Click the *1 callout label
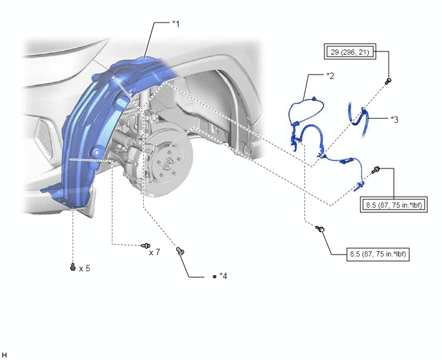click(176, 24)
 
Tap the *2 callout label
click(330, 76)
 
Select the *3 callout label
click(394, 120)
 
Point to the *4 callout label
click(224, 276)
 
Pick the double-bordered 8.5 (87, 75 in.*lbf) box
click(394, 205)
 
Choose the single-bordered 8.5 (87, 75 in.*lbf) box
click(378, 254)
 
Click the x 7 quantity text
click(154, 252)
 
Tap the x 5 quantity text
click(85, 268)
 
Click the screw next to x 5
click(73, 267)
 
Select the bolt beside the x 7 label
click(146, 246)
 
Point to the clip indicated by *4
click(180, 251)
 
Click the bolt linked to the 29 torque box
click(389, 81)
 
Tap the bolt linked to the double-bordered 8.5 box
click(376, 170)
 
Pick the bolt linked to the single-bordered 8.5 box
click(320, 228)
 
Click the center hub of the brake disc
click(168, 163)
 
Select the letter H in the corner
click(4, 355)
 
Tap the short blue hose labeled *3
click(360, 120)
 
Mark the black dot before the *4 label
click(215, 277)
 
